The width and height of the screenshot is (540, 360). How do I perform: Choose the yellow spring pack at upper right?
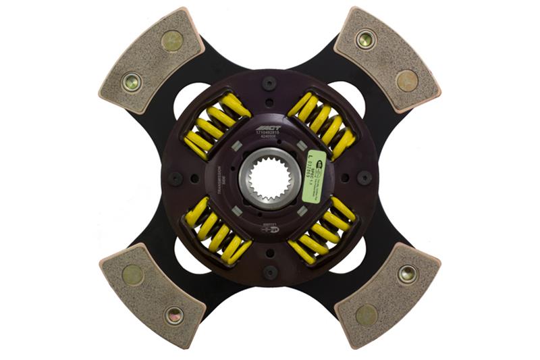[x=322, y=124]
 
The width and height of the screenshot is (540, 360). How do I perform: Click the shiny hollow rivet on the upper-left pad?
[x=131, y=82]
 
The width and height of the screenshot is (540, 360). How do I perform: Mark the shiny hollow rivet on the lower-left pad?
[x=173, y=314]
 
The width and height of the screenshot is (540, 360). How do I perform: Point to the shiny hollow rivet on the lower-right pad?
[x=407, y=274]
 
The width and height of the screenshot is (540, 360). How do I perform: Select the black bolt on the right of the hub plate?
[x=364, y=178]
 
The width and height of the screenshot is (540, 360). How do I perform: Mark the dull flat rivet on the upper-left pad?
[x=173, y=41]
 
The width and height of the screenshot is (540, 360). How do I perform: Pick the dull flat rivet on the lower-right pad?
[x=367, y=314]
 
